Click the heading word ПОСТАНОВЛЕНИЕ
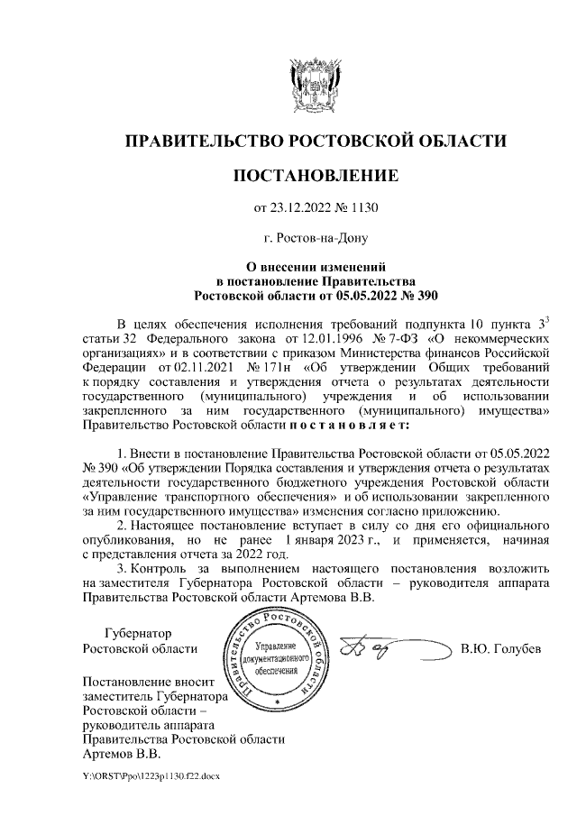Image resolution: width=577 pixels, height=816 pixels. [315, 174]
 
